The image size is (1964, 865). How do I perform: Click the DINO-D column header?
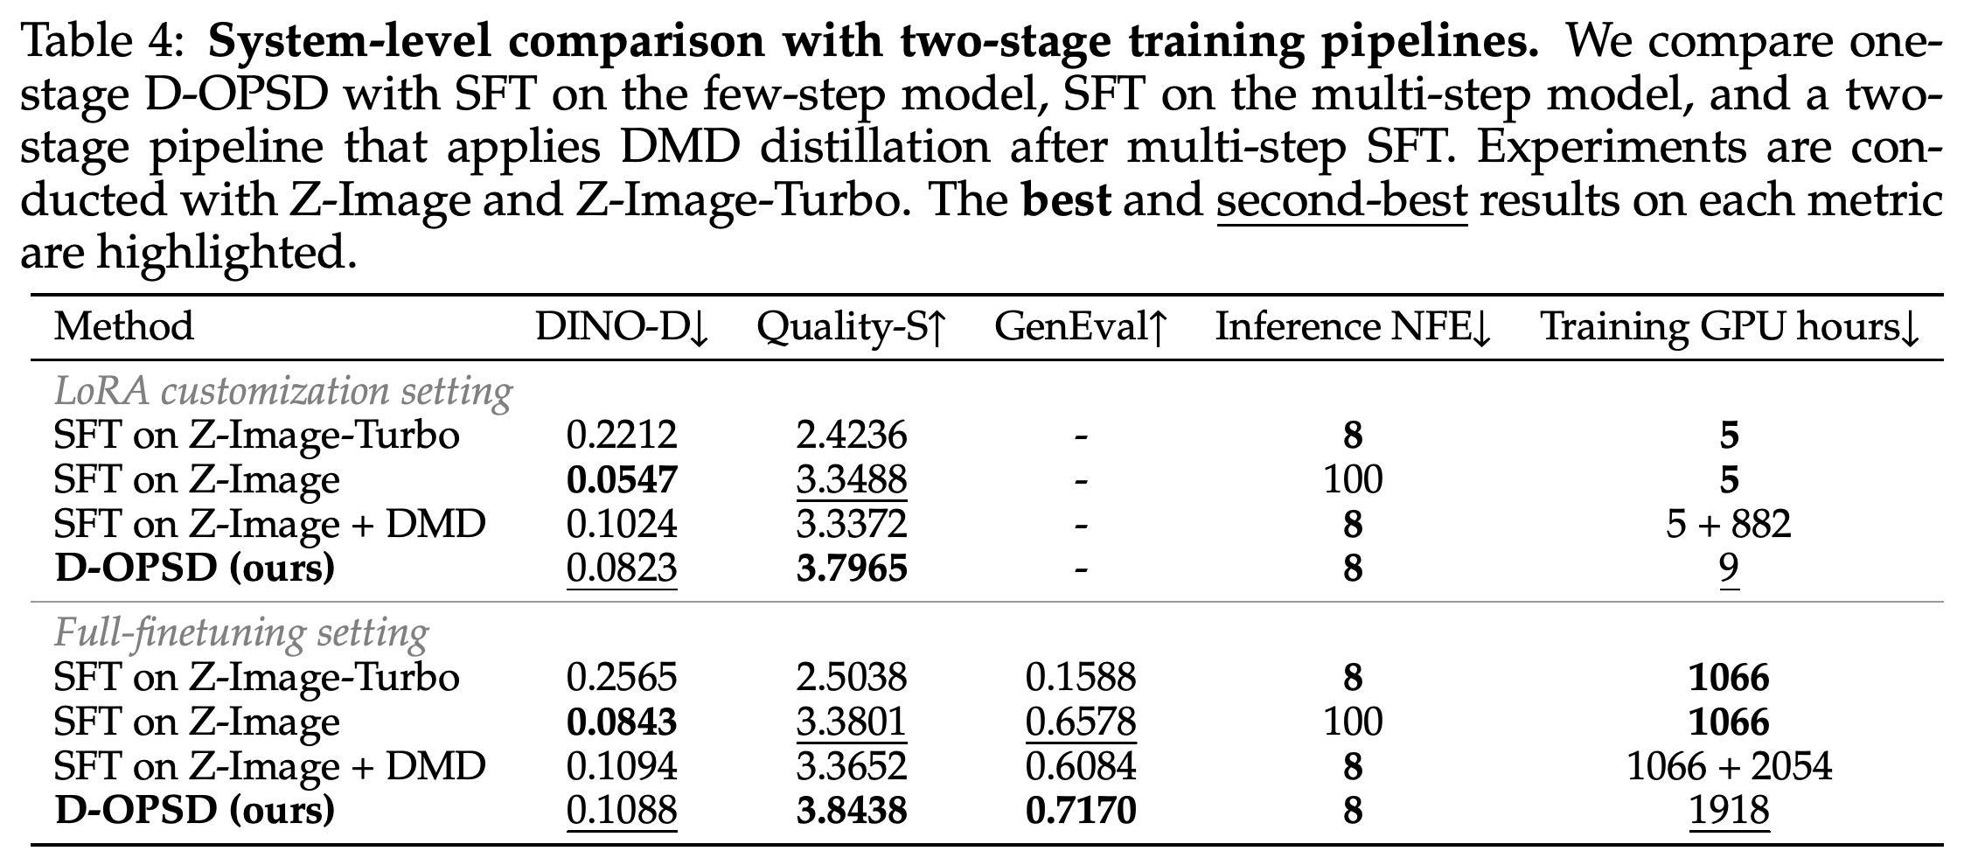pyautogui.click(x=622, y=327)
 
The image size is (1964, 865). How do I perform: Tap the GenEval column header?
pyautogui.click(x=1081, y=327)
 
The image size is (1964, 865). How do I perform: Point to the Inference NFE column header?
pyautogui.click(x=1353, y=327)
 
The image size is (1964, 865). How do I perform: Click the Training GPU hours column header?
pyautogui.click(x=1729, y=328)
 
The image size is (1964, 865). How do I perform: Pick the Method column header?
pyautogui.click(x=123, y=327)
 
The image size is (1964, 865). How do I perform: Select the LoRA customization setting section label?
pyautogui.click(x=283, y=391)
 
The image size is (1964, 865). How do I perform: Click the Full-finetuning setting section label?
pyautogui.click(x=241, y=632)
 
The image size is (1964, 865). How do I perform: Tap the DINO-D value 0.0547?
pyautogui.click(x=622, y=479)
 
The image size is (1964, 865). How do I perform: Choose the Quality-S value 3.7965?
pyautogui.click(x=852, y=569)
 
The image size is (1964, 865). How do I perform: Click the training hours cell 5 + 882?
pyautogui.click(x=1729, y=524)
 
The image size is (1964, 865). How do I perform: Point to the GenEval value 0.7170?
pyautogui.click(x=1081, y=811)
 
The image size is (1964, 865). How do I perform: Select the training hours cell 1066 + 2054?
pyautogui.click(x=1729, y=766)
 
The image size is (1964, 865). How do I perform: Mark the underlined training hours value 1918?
pyautogui.click(x=1729, y=811)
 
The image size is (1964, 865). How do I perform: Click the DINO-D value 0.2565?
pyautogui.click(x=622, y=677)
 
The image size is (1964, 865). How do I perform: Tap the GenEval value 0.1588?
pyautogui.click(x=1081, y=677)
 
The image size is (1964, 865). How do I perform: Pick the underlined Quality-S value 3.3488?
pyautogui.click(x=852, y=480)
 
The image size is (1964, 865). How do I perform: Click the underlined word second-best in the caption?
pyautogui.click(x=1341, y=202)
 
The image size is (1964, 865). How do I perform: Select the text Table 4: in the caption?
pyautogui.click(x=101, y=42)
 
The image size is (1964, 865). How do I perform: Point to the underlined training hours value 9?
pyautogui.click(x=1729, y=569)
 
